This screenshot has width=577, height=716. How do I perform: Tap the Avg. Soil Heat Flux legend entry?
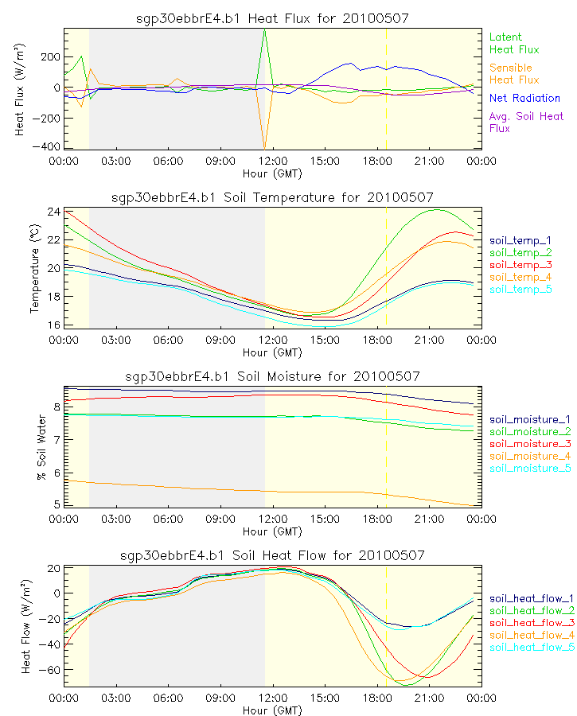coord(526,123)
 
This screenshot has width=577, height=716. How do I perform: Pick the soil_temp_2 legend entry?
coord(520,251)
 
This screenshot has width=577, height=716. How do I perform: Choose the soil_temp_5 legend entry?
coord(520,289)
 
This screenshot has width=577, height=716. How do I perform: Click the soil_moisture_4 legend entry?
coord(530,456)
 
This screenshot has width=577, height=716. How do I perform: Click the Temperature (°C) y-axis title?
coord(35,269)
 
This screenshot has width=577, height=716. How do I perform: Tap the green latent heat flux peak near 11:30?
coord(265,29)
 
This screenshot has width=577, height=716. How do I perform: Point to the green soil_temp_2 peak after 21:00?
coord(435,210)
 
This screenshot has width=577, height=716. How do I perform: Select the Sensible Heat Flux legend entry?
coord(513,74)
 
